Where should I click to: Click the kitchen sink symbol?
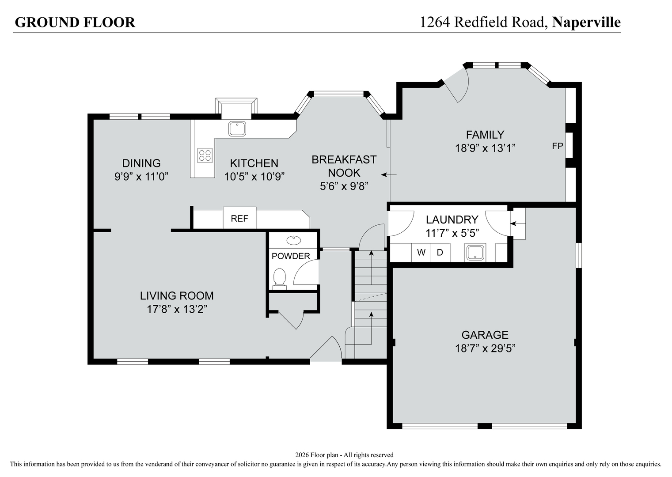coord(237,129)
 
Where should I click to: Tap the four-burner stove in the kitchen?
coord(205,155)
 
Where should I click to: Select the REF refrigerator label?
coord(239,219)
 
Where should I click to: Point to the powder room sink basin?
coord(293,240)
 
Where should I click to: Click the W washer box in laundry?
coord(421,253)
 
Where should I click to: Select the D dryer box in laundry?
coord(440,253)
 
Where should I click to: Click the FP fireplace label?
coord(558,146)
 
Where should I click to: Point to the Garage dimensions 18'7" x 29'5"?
coord(485,348)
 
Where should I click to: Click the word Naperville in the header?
coord(586,22)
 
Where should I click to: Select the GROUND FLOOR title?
coord(75,22)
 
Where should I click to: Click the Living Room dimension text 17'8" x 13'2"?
coord(177,309)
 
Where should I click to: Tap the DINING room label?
coord(141,163)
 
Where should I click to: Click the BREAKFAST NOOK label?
coord(344,166)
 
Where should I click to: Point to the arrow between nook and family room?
coord(389,175)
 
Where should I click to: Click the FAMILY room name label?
coord(485,134)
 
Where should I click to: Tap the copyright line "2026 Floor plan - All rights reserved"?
coord(344,455)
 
